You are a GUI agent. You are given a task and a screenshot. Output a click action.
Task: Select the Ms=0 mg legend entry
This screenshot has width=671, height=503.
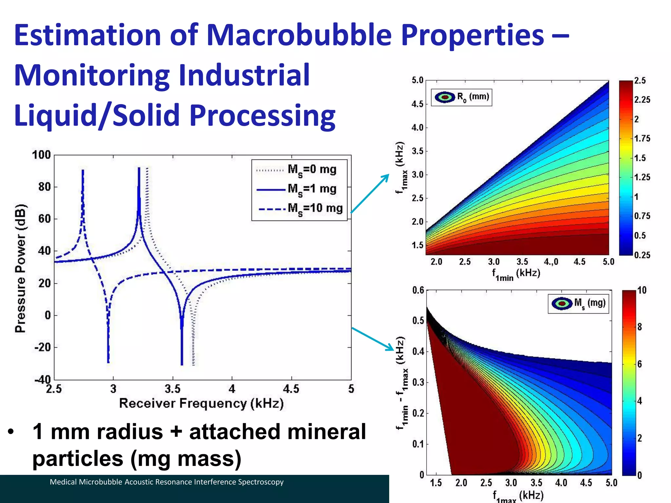coord(312,170)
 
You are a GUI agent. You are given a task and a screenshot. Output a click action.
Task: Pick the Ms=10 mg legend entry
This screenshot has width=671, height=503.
coord(315,208)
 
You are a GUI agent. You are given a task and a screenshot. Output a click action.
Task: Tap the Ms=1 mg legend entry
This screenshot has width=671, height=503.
coord(312,189)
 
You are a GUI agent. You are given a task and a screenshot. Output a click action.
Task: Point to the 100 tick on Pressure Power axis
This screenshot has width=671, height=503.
coord(41,155)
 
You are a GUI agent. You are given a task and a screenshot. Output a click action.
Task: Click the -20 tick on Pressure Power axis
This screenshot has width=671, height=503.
coord(43,347)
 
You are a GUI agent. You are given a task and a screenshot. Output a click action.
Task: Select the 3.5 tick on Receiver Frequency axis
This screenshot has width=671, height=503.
coord(173,389)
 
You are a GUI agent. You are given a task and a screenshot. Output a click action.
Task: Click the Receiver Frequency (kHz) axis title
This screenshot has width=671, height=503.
coord(201,403)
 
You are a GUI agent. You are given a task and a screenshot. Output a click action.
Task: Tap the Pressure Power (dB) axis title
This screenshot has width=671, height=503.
coord(20,268)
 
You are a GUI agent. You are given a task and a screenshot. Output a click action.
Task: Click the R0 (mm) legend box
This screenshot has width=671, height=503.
coord(462,97)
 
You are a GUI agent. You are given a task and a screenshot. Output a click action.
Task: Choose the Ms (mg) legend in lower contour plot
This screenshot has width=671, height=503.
coord(578,304)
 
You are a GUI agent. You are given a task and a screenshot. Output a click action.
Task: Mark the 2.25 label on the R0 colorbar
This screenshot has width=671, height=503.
coord(642,100)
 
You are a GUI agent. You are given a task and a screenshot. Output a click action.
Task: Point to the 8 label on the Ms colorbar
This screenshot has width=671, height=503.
coord(640,327)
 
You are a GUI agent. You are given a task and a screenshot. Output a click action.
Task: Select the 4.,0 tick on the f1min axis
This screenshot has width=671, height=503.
coord(551,262)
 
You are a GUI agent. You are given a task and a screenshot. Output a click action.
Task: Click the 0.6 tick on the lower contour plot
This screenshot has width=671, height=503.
coord(418,290)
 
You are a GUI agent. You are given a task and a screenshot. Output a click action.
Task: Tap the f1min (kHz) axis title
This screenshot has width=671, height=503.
coord(516,274)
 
